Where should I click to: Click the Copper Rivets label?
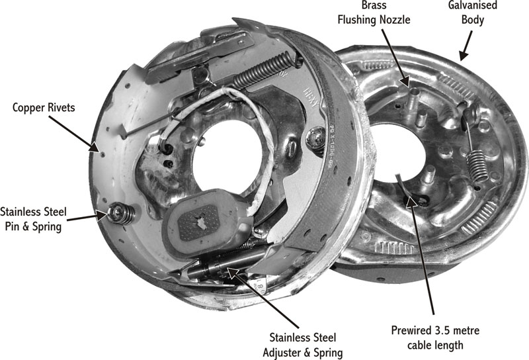click(44, 107)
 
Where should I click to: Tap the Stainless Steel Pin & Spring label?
click(33, 219)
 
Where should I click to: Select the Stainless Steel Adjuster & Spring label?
click(303, 345)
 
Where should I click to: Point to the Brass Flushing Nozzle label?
click(374, 13)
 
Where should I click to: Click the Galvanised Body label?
click(472, 13)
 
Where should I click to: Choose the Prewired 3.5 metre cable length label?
click(435, 337)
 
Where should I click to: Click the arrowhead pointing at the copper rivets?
click(95, 146)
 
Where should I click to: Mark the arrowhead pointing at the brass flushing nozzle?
click(405, 81)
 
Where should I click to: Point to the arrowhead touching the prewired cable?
click(411, 201)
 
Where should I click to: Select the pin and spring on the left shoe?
click(120, 213)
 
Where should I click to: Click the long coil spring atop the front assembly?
click(263, 70)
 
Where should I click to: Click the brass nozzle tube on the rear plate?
click(413, 101)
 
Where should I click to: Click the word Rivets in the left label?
click(61, 107)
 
